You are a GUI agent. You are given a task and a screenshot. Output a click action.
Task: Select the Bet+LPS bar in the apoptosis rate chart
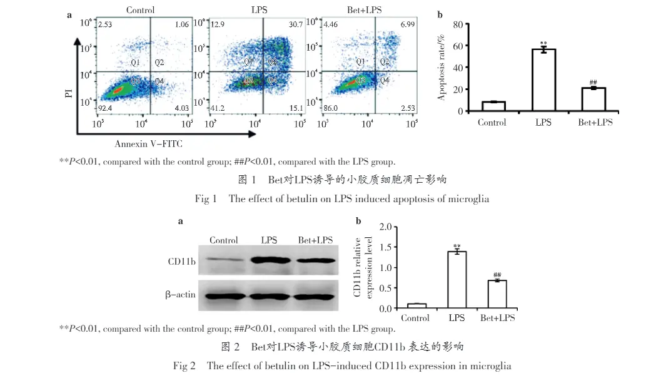[595, 100]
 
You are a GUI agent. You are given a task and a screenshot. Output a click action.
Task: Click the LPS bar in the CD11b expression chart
[457, 280]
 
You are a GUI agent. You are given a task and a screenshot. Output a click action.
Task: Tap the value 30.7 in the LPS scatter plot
[295, 24]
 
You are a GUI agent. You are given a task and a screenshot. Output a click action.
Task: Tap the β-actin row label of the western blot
[181, 294]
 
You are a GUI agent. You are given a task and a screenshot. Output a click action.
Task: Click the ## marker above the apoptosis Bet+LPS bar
[595, 82]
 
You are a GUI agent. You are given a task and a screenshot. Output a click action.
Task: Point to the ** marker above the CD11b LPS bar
[457, 246]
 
